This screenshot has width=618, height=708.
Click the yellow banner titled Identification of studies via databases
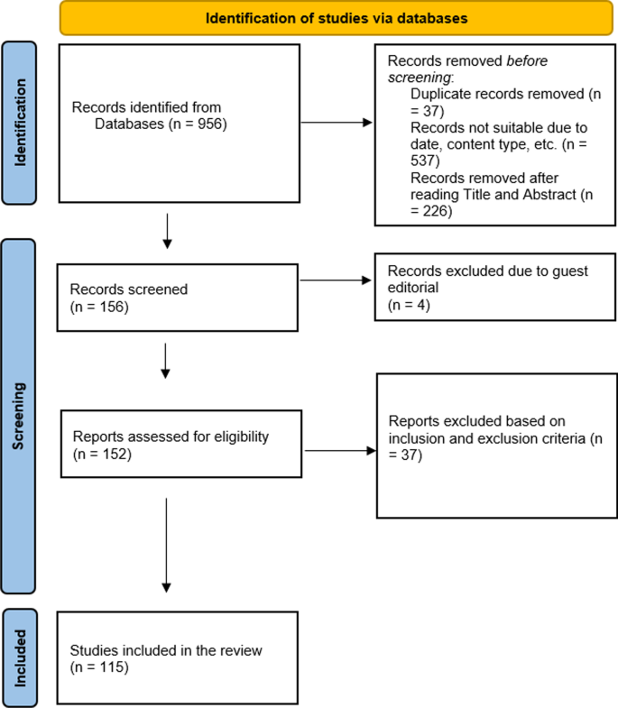click(337, 18)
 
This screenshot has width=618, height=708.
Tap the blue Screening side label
click(21, 415)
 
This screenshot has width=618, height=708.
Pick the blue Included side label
click(21, 655)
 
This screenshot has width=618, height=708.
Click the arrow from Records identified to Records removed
click(336, 123)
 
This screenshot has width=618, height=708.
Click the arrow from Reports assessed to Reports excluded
click(339, 451)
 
